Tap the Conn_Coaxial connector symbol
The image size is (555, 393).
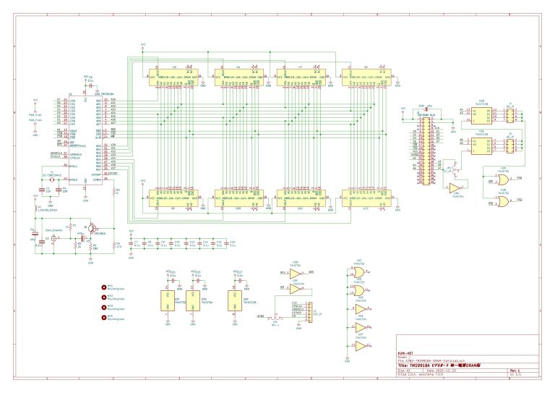pyautogui.click(x=53, y=237)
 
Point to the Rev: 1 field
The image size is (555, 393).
pyautogui.click(x=515, y=370)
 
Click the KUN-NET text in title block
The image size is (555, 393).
pyautogui.click(x=406, y=352)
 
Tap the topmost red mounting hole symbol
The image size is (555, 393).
pyautogui.click(x=103, y=287)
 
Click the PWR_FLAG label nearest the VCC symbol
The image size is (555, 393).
pyautogui.click(x=35, y=114)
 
